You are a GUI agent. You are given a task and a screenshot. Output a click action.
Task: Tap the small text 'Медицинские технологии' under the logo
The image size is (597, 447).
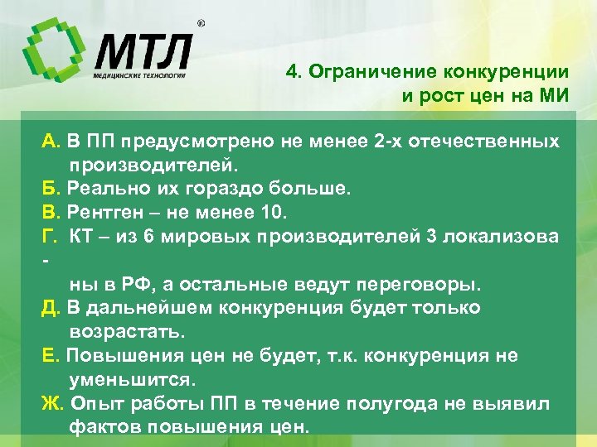point(138,76)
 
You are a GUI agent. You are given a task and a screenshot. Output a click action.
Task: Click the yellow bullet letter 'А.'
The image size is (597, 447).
point(52,141)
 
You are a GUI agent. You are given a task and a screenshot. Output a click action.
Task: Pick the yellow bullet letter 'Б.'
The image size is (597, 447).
point(52,189)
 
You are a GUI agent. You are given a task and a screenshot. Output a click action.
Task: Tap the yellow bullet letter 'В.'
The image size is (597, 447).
point(52,213)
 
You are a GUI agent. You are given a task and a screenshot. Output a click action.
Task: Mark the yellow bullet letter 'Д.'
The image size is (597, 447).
point(52,308)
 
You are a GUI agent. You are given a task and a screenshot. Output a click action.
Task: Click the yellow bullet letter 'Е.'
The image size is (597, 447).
point(51,356)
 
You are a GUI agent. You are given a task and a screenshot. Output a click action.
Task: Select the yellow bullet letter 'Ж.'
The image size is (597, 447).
point(54,404)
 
